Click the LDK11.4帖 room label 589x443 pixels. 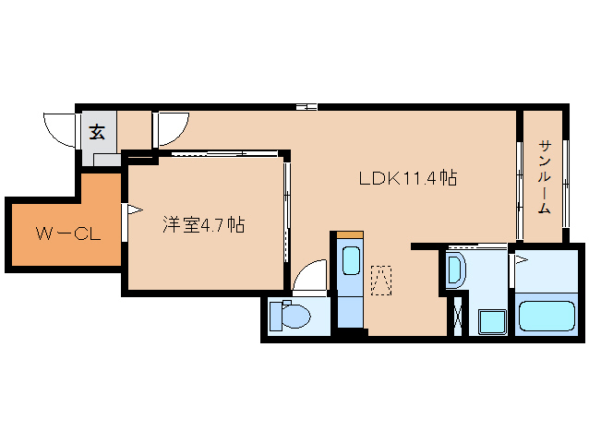click(x=408, y=178)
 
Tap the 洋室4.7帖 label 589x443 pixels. click(x=204, y=225)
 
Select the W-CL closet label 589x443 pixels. click(x=68, y=233)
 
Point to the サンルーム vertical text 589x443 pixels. click(x=545, y=177)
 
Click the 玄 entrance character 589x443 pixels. click(x=97, y=132)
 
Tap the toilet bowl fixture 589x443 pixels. click(x=296, y=317)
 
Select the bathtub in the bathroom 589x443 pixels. click(x=547, y=317)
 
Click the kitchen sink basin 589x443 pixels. click(x=352, y=260)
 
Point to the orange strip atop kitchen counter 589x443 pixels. click(x=350, y=235)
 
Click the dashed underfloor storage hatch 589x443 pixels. click(x=381, y=281)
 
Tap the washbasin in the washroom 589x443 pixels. click(x=455, y=269)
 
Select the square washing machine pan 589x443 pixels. click(x=492, y=322)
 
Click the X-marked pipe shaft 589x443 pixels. click(x=458, y=317)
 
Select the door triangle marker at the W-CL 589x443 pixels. click(x=134, y=210)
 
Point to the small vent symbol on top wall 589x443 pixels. click(x=307, y=107)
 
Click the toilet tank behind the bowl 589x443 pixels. click(x=276, y=317)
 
